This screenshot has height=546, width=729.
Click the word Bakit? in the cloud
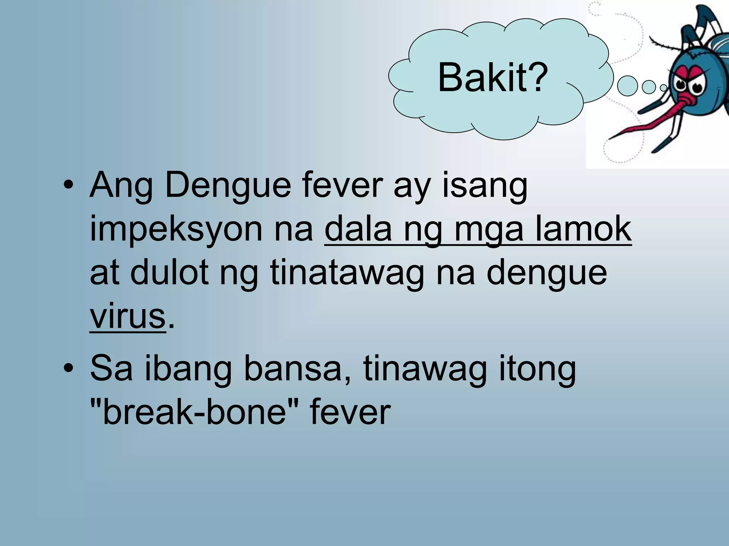coord(493,78)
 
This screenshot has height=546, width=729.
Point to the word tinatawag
coord(347,273)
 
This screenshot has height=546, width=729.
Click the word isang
coord(485,186)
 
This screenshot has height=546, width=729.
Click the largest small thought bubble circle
coord(627,86)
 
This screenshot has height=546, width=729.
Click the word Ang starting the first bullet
coord(121,186)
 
